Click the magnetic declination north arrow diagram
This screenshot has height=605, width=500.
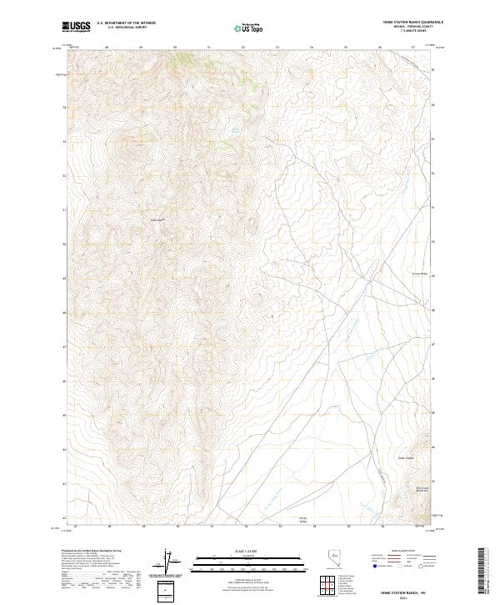point(167,562)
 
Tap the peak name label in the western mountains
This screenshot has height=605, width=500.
point(158,220)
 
